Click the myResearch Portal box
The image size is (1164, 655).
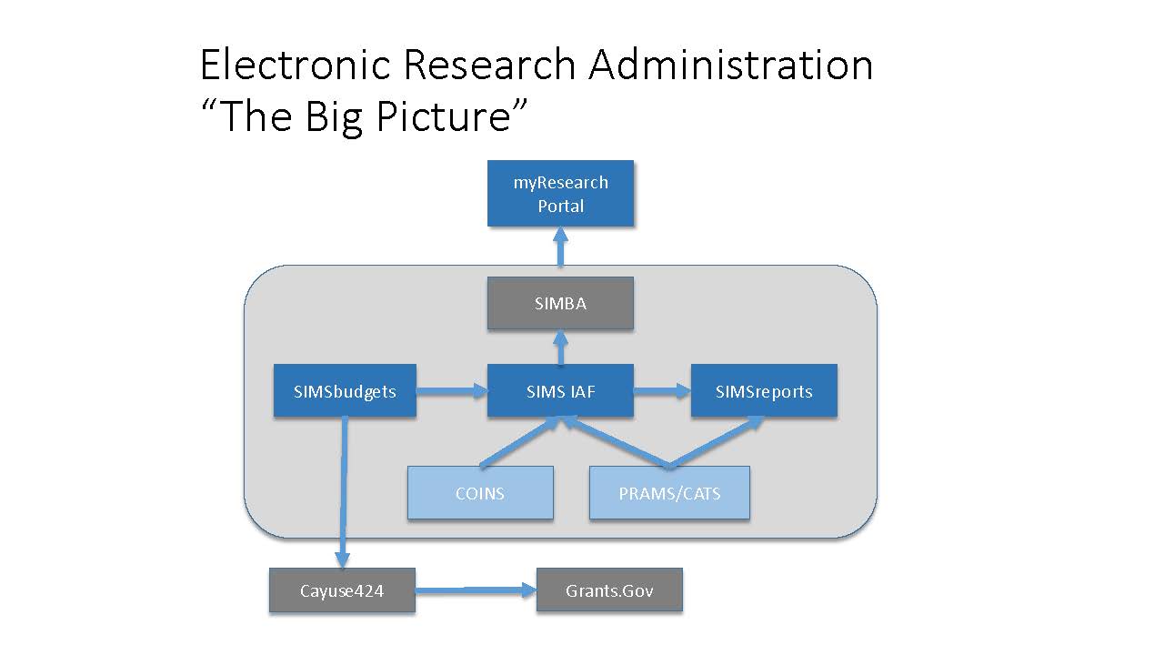click(x=560, y=194)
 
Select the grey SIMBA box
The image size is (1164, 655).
click(x=560, y=304)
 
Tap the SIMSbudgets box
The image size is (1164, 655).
click(x=345, y=392)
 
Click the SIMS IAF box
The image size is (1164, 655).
click(x=560, y=392)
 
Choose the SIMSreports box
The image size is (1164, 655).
click(x=764, y=392)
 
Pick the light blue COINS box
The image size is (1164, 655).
click(x=480, y=493)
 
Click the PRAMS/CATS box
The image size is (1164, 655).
click(x=669, y=493)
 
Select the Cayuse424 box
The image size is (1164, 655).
click(x=342, y=591)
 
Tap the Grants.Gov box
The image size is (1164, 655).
click(x=609, y=591)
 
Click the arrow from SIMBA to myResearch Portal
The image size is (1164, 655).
click(x=560, y=247)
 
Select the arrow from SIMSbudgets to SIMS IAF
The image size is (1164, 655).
click(x=452, y=392)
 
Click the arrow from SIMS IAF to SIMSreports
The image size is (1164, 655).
click(x=662, y=392)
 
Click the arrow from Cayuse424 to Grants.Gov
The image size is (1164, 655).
click(x=476, y=591)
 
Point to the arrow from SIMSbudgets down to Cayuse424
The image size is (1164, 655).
click(x=344, y=491)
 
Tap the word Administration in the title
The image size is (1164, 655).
click(x=730, y=65)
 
